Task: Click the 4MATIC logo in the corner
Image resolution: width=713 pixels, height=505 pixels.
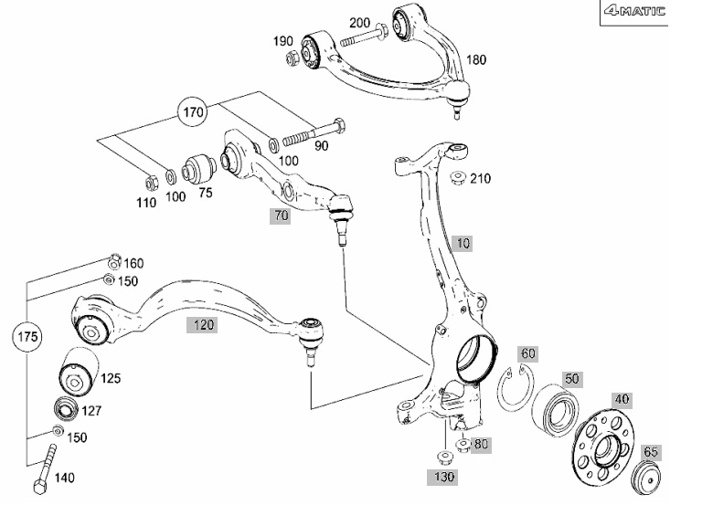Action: (634, 11)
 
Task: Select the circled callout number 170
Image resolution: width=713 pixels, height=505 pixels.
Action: (192, 111)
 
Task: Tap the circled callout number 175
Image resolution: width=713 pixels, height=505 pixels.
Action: (27, 337)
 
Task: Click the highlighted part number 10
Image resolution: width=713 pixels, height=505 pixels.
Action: (463, 244)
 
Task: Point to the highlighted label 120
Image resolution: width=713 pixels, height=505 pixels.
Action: (202, 325)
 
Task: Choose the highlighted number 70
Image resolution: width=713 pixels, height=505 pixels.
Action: (280, 216)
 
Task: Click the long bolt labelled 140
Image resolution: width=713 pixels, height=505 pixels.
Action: (45, 469)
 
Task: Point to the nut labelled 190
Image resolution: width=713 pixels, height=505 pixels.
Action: (293, 58)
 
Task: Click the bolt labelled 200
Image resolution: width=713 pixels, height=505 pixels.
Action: (363, 37)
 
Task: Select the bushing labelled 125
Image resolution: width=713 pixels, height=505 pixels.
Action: (79, 372)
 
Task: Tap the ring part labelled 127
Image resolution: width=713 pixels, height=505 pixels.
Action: (67, 408)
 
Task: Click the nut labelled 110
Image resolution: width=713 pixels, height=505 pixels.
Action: (152, 183)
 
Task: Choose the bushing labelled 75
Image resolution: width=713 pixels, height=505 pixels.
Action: (198, 168)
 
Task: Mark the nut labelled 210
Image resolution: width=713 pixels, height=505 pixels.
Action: (457, 177)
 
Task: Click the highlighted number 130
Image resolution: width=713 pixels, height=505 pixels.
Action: (444, 477)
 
